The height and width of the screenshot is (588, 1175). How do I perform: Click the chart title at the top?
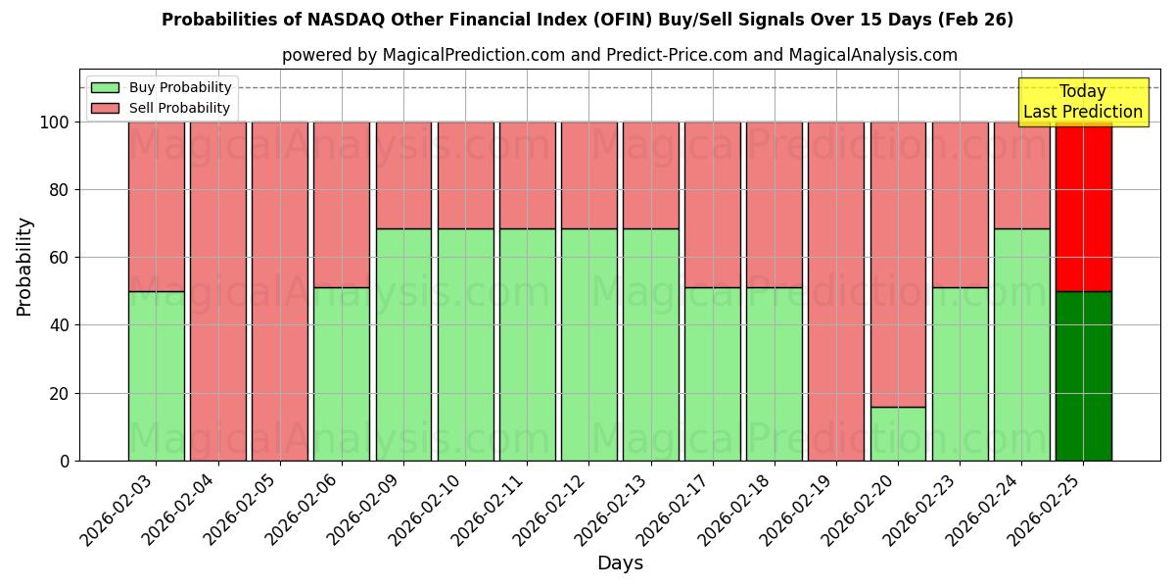(x=587, y=20)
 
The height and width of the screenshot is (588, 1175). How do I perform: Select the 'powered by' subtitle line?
(x=619, y=55)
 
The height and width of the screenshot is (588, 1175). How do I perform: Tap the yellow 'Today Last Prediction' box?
(x=1082, y=102)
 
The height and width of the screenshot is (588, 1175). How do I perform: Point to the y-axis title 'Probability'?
(x=24, y=267)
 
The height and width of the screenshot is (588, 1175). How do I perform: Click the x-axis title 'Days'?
(x=620, y=563)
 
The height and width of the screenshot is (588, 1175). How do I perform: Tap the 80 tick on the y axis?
(x=60, y=190)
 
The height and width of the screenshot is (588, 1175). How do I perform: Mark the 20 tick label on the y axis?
(x=60, y=393)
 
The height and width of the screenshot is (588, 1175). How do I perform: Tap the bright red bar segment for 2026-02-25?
(x=1083, y=207)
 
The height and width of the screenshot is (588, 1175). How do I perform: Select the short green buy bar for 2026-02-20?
(x=898, y=433)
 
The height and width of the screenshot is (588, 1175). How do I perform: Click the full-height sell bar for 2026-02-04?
(x=217, y=291)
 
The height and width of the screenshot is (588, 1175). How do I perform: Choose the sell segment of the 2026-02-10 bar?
(x=465, y=175)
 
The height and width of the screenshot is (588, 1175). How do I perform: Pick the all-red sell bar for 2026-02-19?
(x=836, y=291)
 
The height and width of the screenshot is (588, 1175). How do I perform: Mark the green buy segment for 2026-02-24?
(x=1021, y=344)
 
